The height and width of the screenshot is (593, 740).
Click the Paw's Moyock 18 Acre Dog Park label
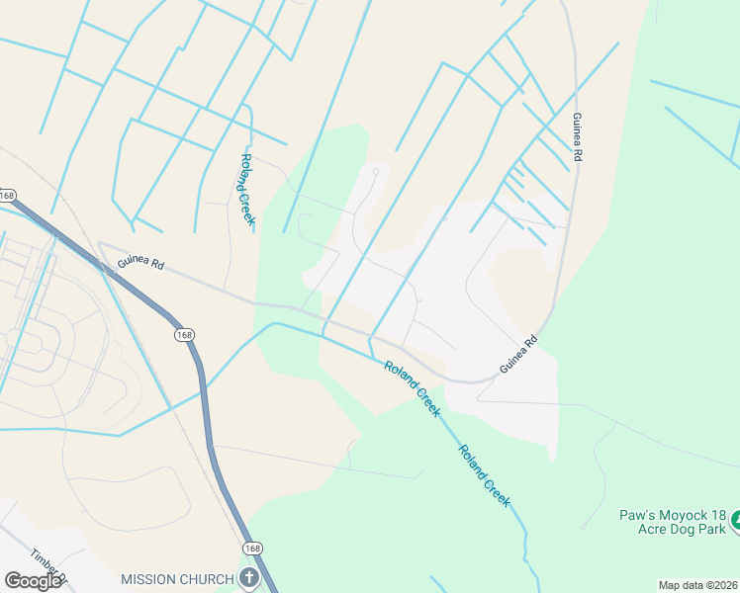click(673, 523)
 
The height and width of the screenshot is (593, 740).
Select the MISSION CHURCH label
click(177, 578)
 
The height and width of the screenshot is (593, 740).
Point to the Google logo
click(33, 580)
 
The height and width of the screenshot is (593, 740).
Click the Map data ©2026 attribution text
click(697, 585)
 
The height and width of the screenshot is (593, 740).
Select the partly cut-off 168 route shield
click(6, 194)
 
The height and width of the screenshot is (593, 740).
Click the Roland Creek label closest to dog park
click(484, 476)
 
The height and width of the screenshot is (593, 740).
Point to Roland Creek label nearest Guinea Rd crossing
click(411, 387)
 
